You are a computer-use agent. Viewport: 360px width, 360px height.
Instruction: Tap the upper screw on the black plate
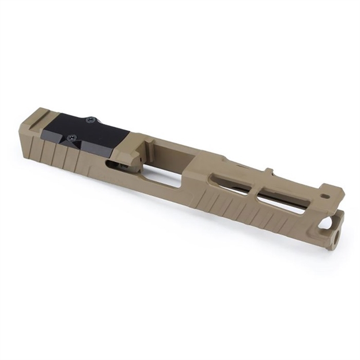click(x=90, y=120)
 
